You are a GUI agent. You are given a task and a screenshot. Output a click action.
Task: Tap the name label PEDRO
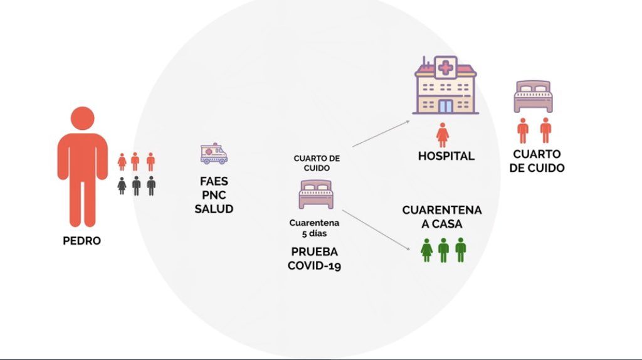[82, 241]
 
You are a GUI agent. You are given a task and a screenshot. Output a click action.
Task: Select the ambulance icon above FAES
[214, 154]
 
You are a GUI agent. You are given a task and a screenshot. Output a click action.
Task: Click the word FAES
[214, 181]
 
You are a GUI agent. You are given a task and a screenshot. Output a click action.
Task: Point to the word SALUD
[214, 209]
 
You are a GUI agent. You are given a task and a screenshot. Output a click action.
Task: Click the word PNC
[214, 195]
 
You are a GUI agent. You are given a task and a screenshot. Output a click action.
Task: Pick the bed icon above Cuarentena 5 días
[316, 194]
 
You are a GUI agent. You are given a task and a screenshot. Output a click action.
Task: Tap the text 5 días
[315, 234]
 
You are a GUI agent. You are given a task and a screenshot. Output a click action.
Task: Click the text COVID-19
[315, 266]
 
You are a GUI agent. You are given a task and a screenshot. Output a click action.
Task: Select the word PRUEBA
[315, 251]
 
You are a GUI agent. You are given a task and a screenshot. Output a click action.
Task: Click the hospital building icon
[446, 85]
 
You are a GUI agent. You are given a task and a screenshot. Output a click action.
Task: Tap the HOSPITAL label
[446, 156]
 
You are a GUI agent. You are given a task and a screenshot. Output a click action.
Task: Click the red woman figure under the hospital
[442, 135]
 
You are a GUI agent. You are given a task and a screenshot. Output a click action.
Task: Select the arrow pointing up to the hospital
[381, 134]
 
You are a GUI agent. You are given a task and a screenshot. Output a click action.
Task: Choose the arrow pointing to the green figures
[376, 230]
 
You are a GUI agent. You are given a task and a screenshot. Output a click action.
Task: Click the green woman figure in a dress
[426, 250]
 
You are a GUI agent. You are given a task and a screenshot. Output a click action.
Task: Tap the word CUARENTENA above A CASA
[442, 210]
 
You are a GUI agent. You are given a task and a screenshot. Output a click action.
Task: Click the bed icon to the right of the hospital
[533, 97]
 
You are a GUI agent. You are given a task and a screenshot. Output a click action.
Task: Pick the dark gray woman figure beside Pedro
[122, 186]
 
